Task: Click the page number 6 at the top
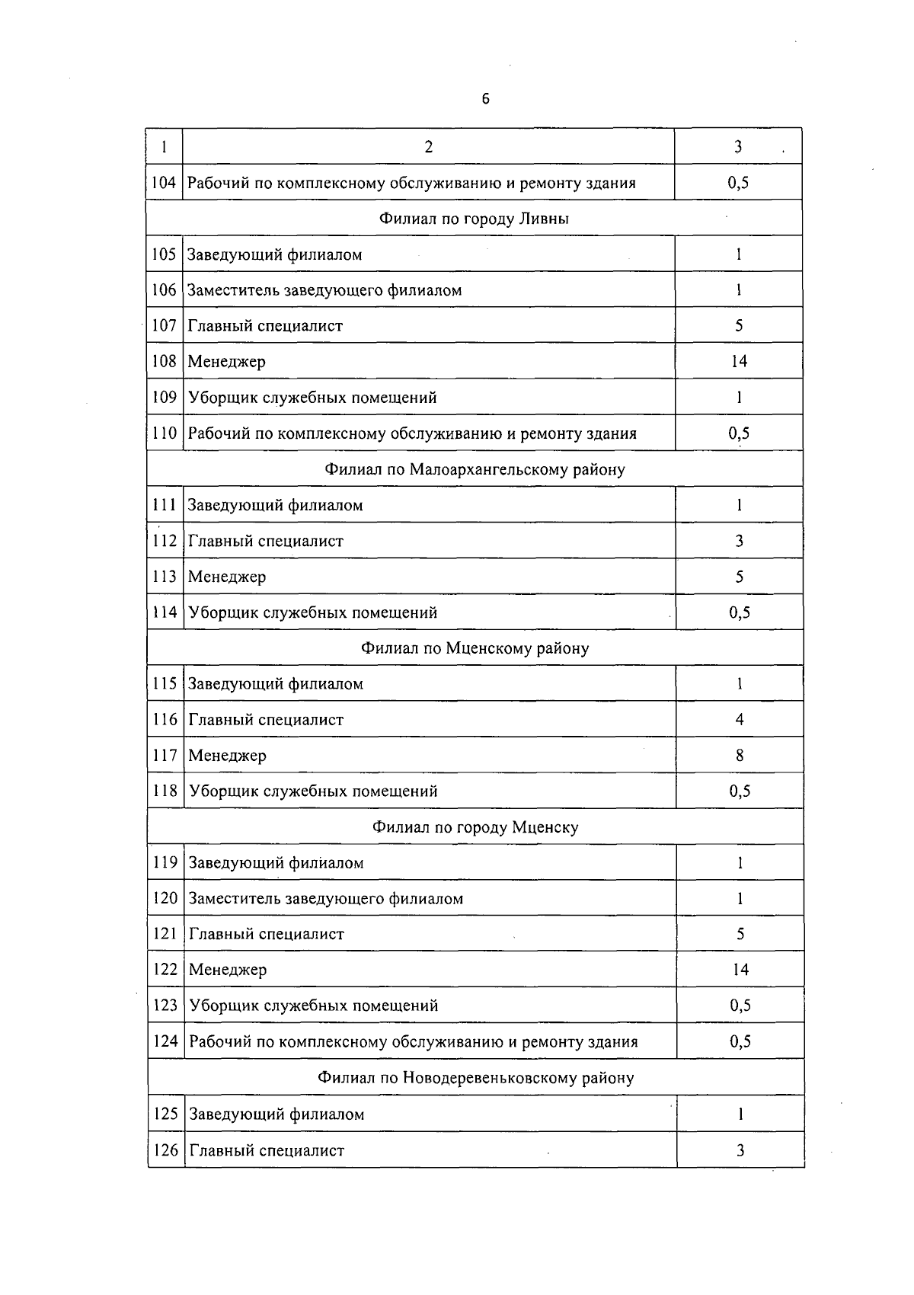tap(485, 99)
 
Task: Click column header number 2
tap(429, 147)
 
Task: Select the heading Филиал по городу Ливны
tap(474, 219)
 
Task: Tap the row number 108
tap(165, 361)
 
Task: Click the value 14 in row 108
tap(739, 361)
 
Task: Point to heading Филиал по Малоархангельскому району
tap(475, 469)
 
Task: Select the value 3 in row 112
tap(739, 541)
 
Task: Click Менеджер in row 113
tap(227, 577)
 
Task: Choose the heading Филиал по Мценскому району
tap(475, 648)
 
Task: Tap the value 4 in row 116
tap(740, 719)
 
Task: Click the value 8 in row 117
tap(740, 756)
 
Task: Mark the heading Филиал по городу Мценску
tap(475, 827)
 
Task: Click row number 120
tap(165, 898)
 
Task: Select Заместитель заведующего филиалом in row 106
tap(324, 290)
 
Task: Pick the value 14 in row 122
tap(740, 970)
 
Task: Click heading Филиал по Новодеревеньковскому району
tap(475, 1078)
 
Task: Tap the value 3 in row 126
tap(740, 1150)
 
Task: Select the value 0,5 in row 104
tap(738, 183)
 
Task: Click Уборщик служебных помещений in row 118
tap(313, 791)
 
